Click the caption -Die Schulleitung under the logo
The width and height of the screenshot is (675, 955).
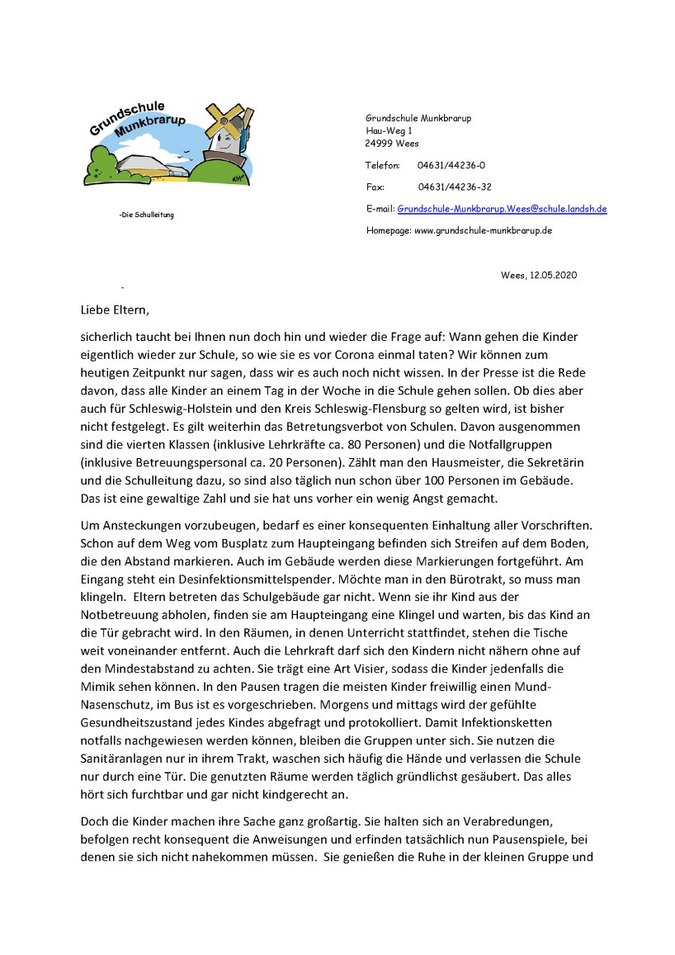pyautogui.click(x=146, y=215)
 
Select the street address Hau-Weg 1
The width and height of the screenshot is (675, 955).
pyautogui.click(x=389, y=130)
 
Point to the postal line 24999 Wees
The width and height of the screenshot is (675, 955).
pyautogui.click(x=392, y=143)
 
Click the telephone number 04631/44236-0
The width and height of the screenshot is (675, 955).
pyautogui.click(x=451, y=165)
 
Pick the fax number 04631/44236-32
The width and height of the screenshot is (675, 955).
pyautogui.click(x=455, y=187)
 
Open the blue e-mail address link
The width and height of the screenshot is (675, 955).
pyautogui.click(x=502, y=209)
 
